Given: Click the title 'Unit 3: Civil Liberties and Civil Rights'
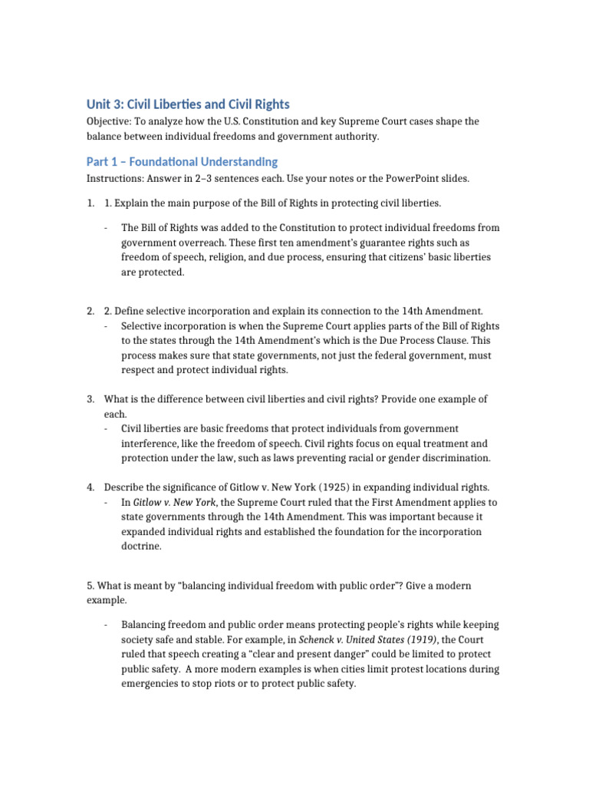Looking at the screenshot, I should [187, 104].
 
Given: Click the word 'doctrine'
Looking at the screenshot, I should [142, 546].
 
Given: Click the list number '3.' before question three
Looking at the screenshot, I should [90, 399].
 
